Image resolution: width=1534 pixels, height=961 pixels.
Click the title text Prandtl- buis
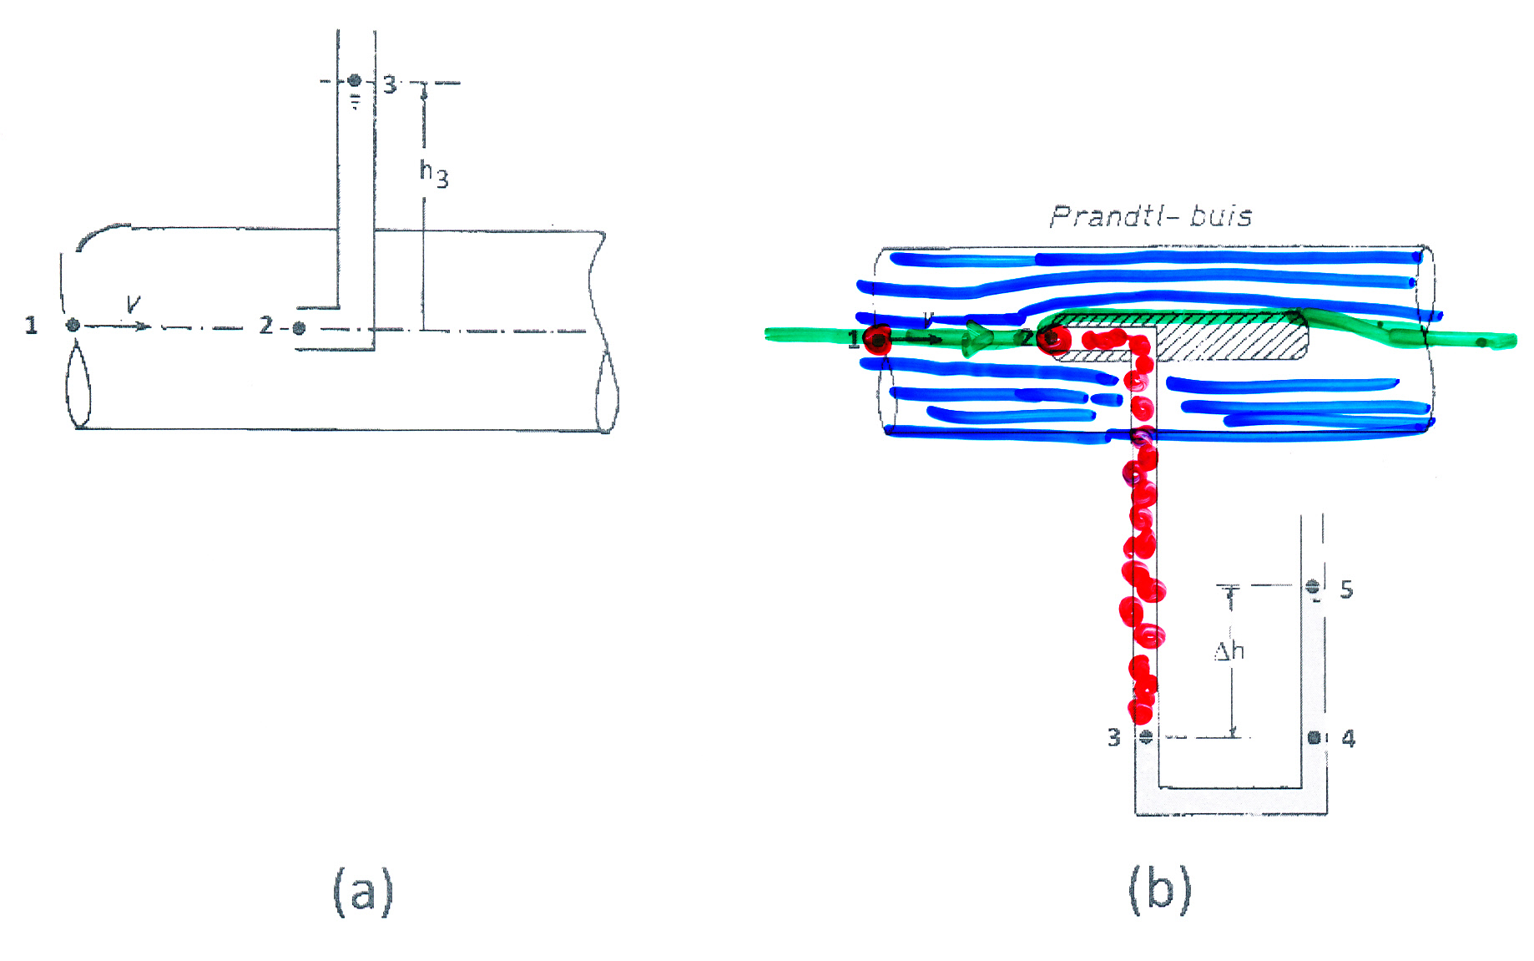click(1151, 216)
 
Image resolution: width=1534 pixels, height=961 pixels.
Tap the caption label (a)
click(363, 892)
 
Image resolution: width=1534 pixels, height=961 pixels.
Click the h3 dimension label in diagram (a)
click(434, 174)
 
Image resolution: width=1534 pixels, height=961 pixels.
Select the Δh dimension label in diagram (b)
click(1229, 650)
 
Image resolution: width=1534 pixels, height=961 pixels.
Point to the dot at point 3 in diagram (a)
click(355, 80)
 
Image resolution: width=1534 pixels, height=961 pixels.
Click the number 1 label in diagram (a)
click(31, 325)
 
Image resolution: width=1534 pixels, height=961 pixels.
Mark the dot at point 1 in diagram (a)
click(73, 325)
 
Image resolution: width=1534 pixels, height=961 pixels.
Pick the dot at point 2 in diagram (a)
click(299, 328)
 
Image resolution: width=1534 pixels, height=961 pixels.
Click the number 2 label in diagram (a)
click(265, 325)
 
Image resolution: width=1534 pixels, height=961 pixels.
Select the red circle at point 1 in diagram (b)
click(877, 340)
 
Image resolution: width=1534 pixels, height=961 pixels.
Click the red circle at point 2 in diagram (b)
click(1053, 339)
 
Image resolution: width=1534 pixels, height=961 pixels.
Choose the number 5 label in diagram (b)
click(1346, 589)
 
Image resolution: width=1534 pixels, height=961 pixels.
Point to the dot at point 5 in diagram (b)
click(1313, 586)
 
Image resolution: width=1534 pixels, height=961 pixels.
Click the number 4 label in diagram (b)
click(1348, 738)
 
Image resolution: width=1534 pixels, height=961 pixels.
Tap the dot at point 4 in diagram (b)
click(1314, 737)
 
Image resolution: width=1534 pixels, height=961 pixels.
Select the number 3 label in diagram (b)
click(1114, 737)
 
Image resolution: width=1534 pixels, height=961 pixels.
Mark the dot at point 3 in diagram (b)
click(1146, 736)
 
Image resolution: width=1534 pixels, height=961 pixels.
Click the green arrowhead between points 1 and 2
click(978, 338)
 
